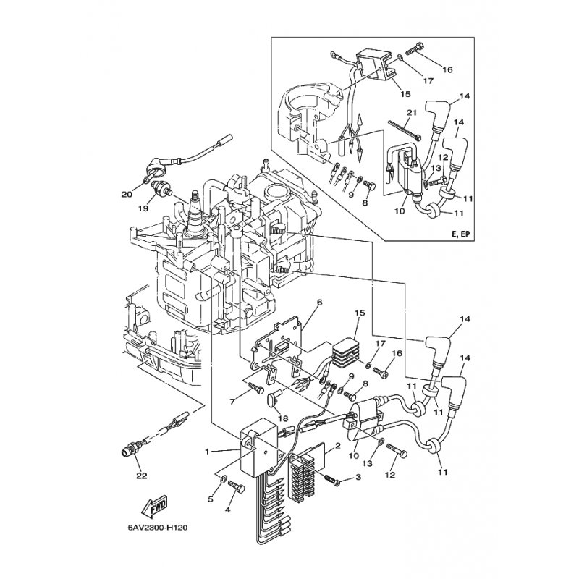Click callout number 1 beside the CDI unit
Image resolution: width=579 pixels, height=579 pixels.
[206, 452]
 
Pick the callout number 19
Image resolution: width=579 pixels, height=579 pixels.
[145, 207]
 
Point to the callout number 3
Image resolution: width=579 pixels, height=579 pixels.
[358, 478]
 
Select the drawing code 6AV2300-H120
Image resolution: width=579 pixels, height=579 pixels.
[156, 547]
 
